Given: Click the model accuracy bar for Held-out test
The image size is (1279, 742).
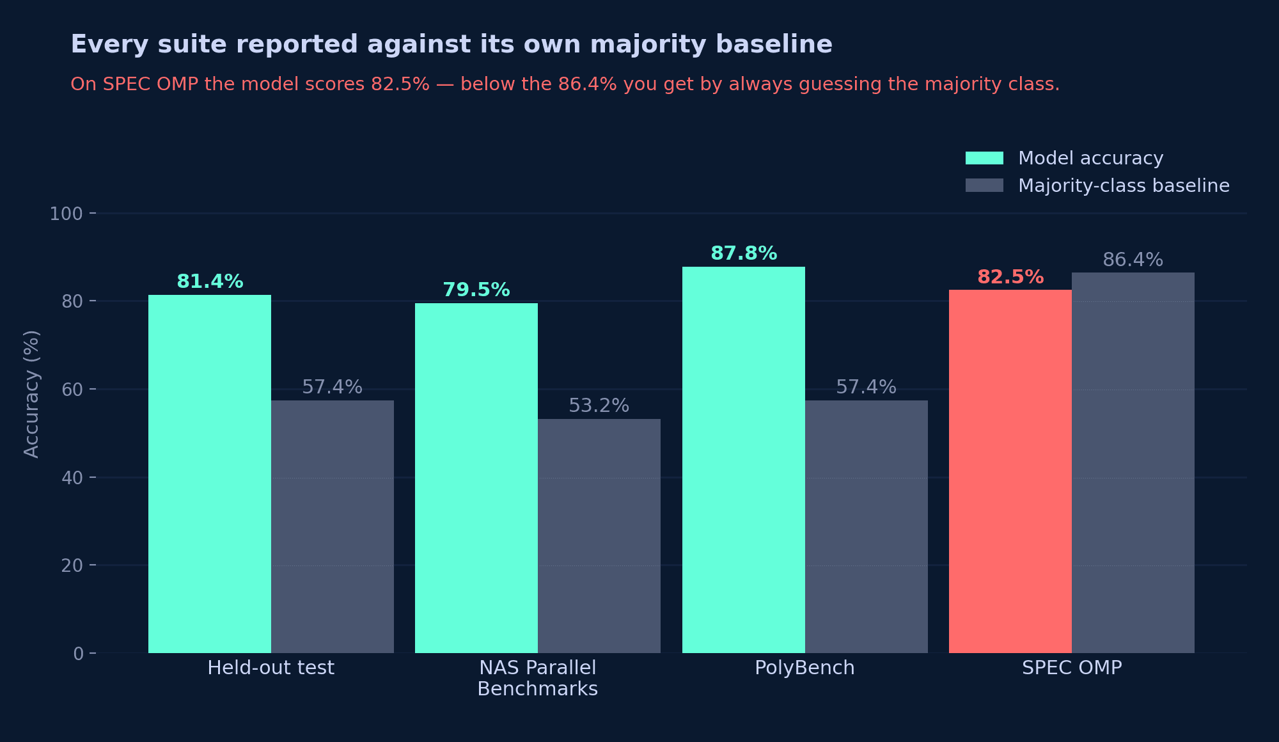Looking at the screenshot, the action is pyautogui.click(x=210, y=474).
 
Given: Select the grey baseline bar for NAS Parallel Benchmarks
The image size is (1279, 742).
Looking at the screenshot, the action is pyautogui.click(x=599, y=536).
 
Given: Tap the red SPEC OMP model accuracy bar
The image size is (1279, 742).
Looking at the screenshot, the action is pyautogui.click(x=1010, y=471).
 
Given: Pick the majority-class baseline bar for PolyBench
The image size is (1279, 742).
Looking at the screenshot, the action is pyautogui.click(x=867, y=526).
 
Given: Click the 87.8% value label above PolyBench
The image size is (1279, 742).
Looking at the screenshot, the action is pyautogui.click(x=744, y=253).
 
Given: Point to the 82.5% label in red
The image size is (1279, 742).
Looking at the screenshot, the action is pyautogui.click(x=1010, y=277).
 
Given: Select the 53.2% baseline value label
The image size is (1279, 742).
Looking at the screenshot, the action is pyautogui.click(x=599, y=406).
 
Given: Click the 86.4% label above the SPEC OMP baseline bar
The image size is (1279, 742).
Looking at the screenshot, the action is pyautogui.click(x=1133, y=260).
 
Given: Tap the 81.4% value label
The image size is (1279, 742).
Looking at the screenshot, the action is pyautogui.click(x=210, y=281).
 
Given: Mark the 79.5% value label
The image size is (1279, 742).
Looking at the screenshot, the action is pyautogui.click(x=476, y=290).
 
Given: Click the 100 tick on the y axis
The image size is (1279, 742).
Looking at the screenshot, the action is pyautogui.click(x=67, y=214).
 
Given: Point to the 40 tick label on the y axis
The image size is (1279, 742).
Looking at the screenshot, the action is pyautogui.click(x=72, y=478).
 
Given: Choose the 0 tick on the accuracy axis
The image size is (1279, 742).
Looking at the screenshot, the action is pyautogui.click(x=78, y=654).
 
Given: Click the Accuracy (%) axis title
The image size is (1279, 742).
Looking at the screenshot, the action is pyautogui.click(x=31, y=394).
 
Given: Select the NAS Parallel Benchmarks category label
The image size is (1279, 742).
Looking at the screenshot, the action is pyautogui.click(x=538, y=678).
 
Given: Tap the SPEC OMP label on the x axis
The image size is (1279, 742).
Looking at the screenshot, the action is pyautogui.click(x=1072, y=668).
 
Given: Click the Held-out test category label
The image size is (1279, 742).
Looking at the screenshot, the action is pyautogui.click(x=271, y=668).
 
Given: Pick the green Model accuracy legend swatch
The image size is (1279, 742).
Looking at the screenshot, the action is pyautogui.click(x=984, y=158).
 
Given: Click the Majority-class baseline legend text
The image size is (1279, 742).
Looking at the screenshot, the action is pyautogui.click(x=1124, y=185).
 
